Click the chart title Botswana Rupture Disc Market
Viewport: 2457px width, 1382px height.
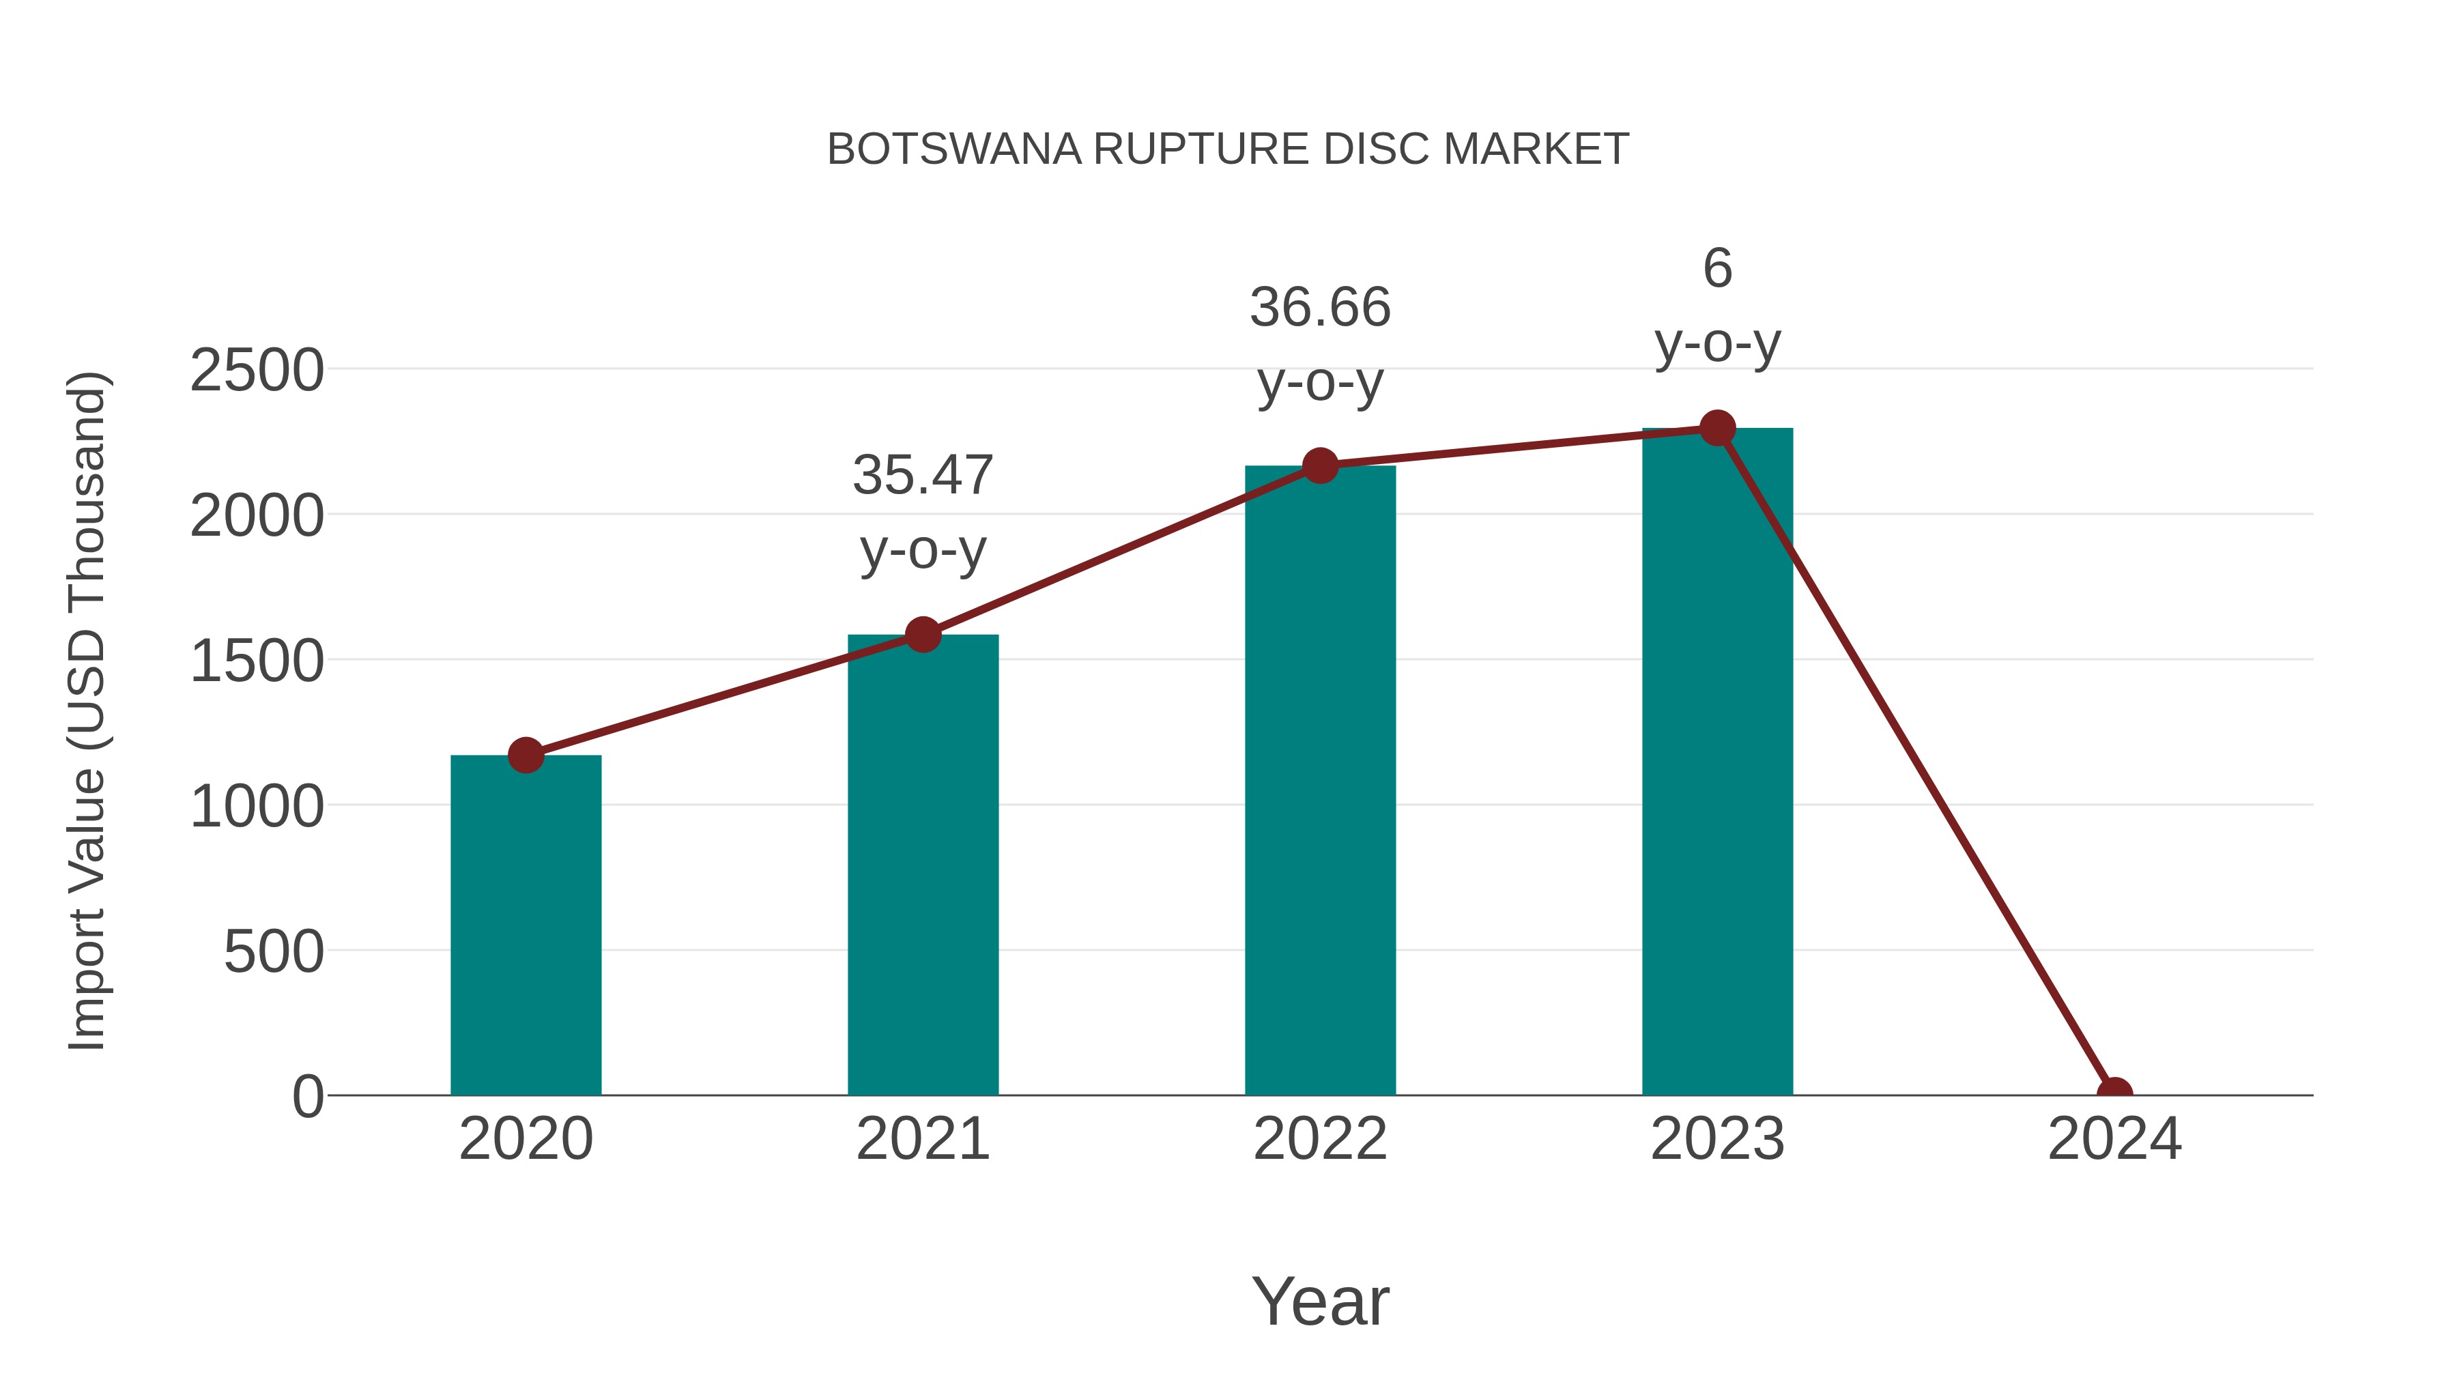pyautogui.click(x=1228, y=149)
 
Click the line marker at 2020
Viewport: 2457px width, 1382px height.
pyautogui.click(x=526, y=755)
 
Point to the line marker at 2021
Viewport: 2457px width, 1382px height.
pyautogui.click(x=922, y=634)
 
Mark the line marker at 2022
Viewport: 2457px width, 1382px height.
pyautogui.click(x=1320, y=466)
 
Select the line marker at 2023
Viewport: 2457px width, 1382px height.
pyautogui.click(x=1717, y=428)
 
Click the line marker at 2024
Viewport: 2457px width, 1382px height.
pyautogui.click(x=2114, y=1093)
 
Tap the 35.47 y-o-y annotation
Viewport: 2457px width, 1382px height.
pyautogui.click(x=922, y=512)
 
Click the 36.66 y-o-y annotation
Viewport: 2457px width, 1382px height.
pyautogui.click(x=1320, y=345)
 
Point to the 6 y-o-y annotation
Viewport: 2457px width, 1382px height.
pyautogui.click(x=1717, y=305)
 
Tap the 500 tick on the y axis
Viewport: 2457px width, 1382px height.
pyautogui.click(x=274, y=952)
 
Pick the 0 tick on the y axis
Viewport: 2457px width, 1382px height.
pyautogui.click(x=308, y=1097)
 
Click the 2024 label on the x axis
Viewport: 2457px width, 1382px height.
pyautogui.click(x=2114, y=1139)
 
